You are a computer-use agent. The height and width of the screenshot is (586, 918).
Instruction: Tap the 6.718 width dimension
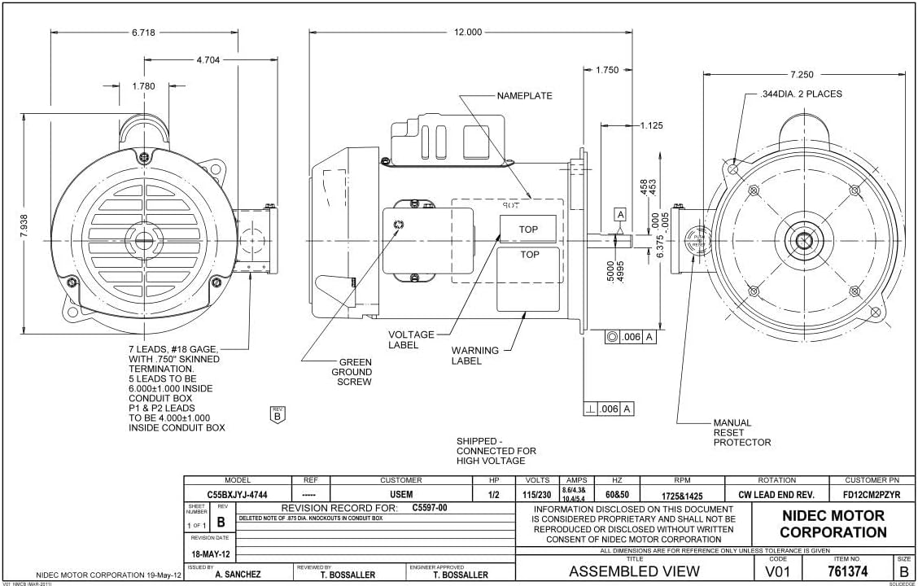coord(143,33)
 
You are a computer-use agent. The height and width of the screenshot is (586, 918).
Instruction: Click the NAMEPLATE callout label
coord(524,96)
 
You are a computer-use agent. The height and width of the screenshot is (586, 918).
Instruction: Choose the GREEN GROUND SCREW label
coord(352,372)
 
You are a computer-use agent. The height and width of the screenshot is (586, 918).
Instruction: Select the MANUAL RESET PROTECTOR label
coord(741,433)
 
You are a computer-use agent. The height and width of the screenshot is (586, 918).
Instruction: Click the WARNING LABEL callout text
coord(474,356)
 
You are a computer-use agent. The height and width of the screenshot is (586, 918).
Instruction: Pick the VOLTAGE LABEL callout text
coord(411,339)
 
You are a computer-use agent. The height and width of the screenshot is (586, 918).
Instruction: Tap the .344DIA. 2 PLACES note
coord(801,94)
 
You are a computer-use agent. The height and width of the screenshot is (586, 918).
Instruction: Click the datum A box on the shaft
coord(621,214)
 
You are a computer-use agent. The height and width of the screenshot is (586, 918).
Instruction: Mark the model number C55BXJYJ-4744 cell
coord(237,494)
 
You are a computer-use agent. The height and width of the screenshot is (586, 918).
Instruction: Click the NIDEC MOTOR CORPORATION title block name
coord(833,524)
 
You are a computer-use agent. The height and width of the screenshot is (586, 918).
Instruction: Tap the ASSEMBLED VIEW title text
coord(636,571)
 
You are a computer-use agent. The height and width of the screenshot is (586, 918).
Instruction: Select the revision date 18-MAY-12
coord(211,554)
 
